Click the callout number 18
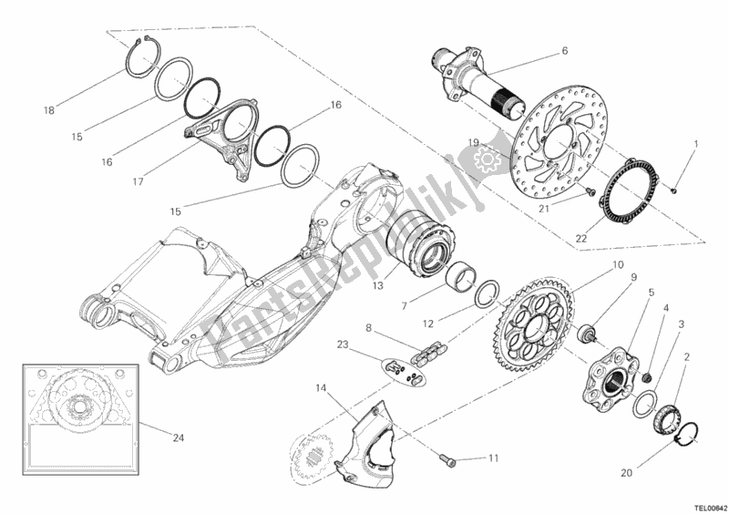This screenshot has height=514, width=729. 49,111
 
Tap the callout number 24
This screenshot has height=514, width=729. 179,437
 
